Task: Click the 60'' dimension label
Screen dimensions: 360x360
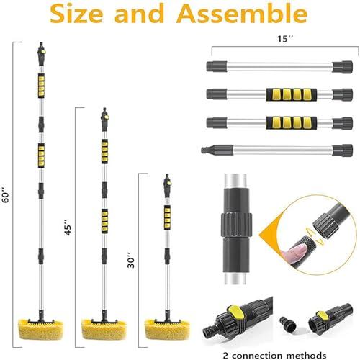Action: tap(6, 194)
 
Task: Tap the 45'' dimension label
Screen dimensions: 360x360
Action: tap(68, 227)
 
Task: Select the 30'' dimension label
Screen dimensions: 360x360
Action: tap(131, 260)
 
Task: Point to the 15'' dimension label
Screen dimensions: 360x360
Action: tap(285, 39)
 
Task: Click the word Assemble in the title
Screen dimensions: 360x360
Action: tap(243, 13)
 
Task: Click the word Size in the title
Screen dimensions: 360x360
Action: tap(76, 14)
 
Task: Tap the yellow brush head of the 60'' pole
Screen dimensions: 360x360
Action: tap(41, 329)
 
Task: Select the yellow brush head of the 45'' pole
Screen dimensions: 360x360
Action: tap(104, 329)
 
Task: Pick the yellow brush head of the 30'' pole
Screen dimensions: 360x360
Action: tap(167, 329)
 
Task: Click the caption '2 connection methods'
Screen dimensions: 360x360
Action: tap(274, 355)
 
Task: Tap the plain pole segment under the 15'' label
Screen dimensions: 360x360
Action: tap(279, 67)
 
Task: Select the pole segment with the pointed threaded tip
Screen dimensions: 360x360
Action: tap(276, 150)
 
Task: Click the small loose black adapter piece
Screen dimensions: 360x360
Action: tap(288, 323)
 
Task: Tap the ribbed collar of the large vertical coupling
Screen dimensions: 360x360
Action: tap(236, 225)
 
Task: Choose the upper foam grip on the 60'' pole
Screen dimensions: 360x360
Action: tap(41, 86)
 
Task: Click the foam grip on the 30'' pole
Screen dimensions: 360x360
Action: tap(167, 217)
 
